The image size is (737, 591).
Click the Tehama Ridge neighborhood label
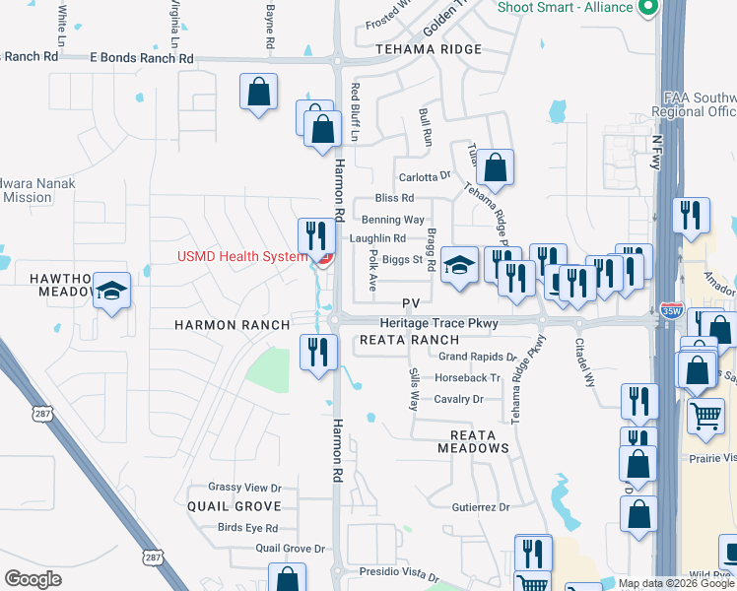[429, 49]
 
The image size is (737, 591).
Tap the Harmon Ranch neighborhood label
[233, 325]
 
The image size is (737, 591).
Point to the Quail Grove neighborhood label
[235, 506]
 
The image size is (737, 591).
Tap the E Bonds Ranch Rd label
[142, 58]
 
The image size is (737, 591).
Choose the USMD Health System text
[242, 257]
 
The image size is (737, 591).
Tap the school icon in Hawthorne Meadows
[112, 291]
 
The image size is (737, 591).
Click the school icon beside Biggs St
[458, 265]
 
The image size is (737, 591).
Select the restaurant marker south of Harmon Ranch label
[318, 352]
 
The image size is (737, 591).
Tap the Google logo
[33, 579]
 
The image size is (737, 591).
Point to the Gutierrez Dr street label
[481, 507]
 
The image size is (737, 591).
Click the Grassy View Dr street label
[244, 488]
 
